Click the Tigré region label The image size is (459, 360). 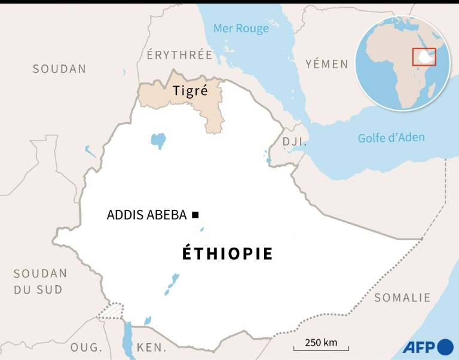coord(190,91)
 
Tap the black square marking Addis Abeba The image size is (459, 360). coord(195,215)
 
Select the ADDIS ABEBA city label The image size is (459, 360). coord(146,215)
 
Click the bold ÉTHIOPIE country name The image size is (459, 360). coord(227,254)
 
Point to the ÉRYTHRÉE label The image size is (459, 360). coord(179,55)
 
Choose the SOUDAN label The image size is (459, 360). coord(59,69)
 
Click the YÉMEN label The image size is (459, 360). coord(326,64)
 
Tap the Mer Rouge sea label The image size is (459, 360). coord(241,28)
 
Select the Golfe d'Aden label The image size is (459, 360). coord(391,138)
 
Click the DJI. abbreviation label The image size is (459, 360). coord(294,142)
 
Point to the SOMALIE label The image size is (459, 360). coord(402,297)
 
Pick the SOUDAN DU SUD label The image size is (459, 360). coord(40,281)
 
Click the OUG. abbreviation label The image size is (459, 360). coord(86,347)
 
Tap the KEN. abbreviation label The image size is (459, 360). coord(152,347)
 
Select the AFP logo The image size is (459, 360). coord(427,347)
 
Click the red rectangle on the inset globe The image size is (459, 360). coord(424,56)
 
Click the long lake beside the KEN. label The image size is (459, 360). coord(127,338)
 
